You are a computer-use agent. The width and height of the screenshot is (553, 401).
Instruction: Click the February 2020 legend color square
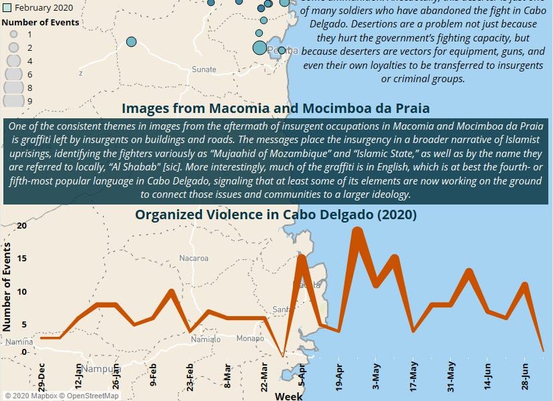pyautogui.click(x=7, y=8)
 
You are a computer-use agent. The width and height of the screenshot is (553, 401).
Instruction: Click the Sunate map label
pyautogui.click(x=204, y=70)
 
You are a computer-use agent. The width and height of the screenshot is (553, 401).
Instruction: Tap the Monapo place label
pyautogui.click(x=250, y=339)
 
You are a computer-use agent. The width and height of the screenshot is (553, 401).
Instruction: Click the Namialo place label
pyautogui.click(x=205, y=340)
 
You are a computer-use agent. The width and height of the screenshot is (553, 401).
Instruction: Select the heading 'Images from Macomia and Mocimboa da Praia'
pyautogui.click(x=275, y=108)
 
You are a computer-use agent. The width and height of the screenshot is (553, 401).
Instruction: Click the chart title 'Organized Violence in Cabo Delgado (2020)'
pyautogui.click(x=275, y=215)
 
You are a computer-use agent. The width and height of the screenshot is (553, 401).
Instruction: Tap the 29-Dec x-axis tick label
pyautogui.click(x=42, y=378)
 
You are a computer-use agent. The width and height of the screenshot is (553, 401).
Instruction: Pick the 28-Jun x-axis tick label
pyautogui.click(x=526, y=378)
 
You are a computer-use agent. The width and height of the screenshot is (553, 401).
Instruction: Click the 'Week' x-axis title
pyautogui.click(x=289, y=396)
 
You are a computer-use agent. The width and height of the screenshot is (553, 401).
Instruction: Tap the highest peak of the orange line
pyautogui.click(x=357, y=231)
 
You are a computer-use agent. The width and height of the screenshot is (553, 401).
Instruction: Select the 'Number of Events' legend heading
pyautogui.click(x=40, y=22)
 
